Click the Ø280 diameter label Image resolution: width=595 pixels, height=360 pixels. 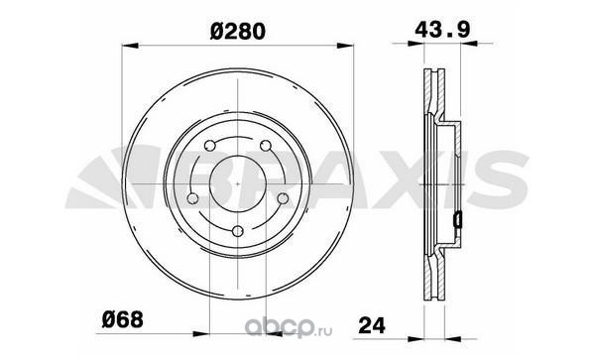[x=238, y=32]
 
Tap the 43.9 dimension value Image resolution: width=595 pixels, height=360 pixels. [x=442, y=29]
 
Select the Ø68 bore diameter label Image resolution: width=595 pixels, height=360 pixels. [x=123, y=319]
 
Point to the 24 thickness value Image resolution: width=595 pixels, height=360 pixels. [x=372, y=325]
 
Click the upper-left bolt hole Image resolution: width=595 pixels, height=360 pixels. [x=209, y=146]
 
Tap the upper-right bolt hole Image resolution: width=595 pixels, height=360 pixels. [x=266, y=146]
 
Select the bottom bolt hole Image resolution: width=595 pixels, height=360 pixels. [x=238, y=231]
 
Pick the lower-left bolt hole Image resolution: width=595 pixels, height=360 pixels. [x=192, y=198]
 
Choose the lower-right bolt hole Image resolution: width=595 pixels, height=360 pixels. [x=283, y=198]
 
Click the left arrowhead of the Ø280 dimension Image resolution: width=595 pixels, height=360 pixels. [x=129, y=46]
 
